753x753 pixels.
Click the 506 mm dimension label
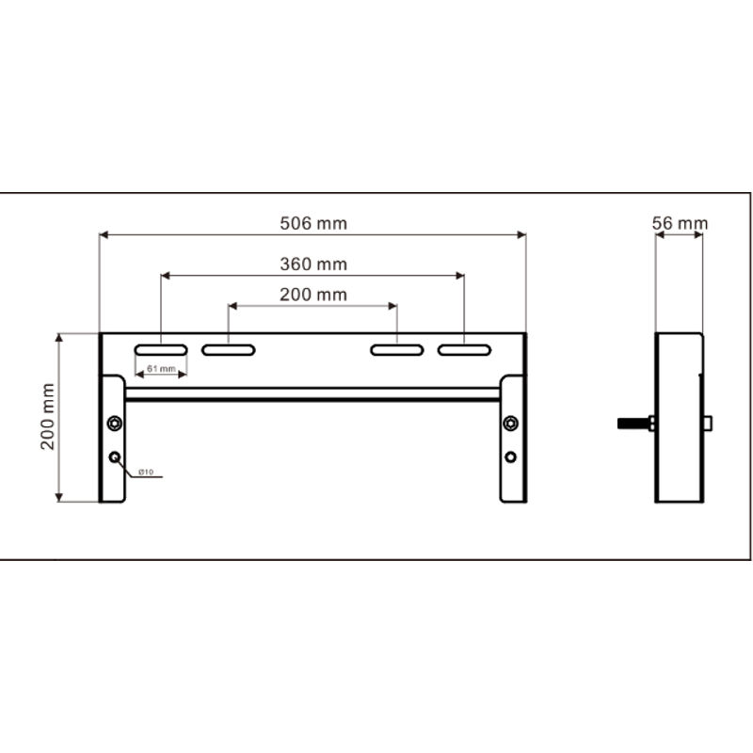(313, 223)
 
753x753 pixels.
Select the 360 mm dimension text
(313, 264)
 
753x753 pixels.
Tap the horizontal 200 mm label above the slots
(313, 295)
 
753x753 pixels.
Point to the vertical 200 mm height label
(48, 417)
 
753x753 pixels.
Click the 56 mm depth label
(680, 223)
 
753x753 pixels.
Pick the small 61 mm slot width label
(161, 368)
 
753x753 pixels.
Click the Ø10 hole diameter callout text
(146, 473)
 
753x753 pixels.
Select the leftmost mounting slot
(161, 350)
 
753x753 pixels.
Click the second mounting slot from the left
(229, 350)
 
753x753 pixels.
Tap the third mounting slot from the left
(397, 350)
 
